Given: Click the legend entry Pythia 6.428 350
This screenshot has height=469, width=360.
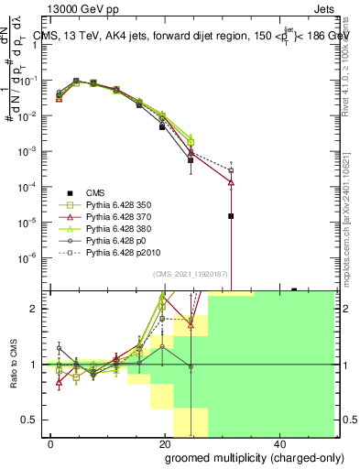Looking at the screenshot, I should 118,204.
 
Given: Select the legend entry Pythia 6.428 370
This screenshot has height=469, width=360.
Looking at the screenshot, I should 118,216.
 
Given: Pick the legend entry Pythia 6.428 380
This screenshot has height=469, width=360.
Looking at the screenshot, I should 118,228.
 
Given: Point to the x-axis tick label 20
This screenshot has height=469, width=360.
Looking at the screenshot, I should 165,443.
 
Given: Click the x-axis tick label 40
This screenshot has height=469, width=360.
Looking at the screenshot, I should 278,443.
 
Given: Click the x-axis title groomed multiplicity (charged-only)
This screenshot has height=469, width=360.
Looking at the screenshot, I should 241,457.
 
